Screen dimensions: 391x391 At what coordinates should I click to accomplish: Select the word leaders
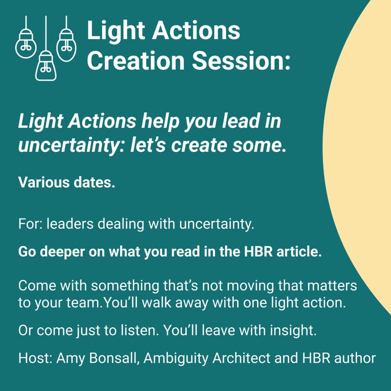click(68, 225)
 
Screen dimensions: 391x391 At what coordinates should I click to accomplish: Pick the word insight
click(292, 330)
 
